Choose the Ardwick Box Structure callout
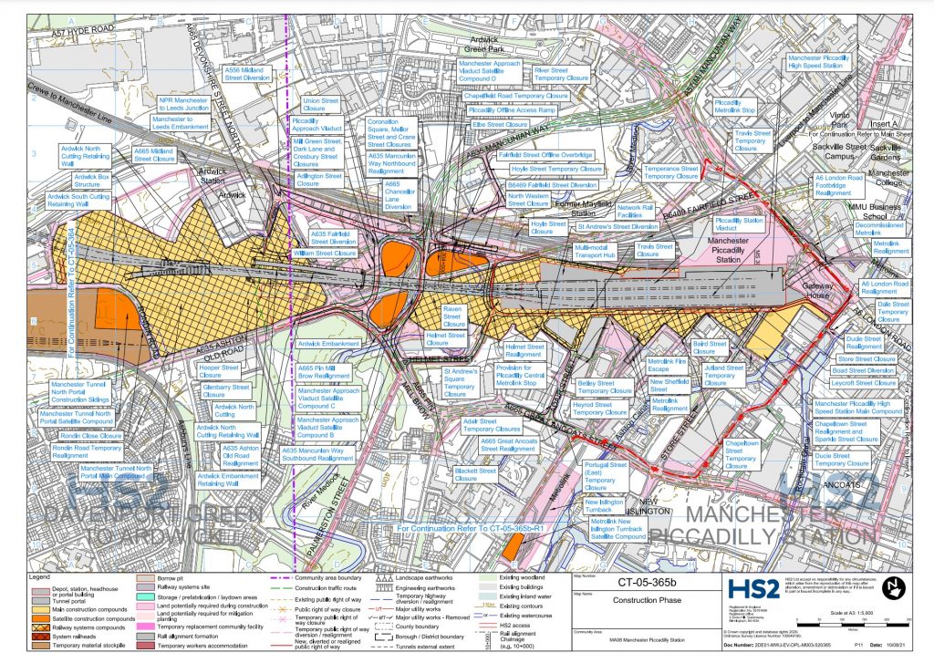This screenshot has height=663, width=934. click(92, 179)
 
